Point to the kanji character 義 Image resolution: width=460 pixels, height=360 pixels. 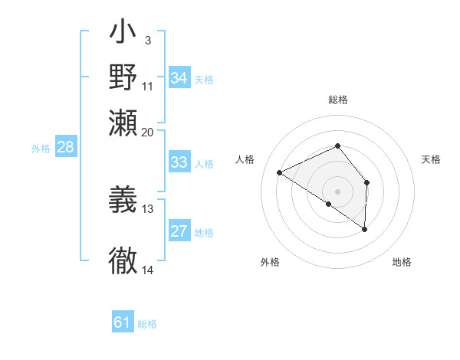(123, 198)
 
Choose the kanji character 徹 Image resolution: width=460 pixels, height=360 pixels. (123, 260)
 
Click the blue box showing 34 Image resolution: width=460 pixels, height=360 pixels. (179, 78)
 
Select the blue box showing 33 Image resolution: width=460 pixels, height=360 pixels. (179, 162)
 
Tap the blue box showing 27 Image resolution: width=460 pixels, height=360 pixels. (179, 232)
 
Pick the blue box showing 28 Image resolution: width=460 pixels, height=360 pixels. (65, 147)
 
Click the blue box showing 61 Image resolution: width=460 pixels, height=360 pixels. (123, 322)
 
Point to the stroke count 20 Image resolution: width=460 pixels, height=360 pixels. (148, 132)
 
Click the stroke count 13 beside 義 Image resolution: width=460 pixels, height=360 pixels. (148, 208)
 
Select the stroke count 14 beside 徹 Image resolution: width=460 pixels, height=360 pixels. (148, 270)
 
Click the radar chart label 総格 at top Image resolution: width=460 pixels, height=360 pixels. (337, 100)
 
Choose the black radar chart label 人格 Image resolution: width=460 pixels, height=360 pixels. (245, 159)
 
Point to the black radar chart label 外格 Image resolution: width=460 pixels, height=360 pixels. (270, 262)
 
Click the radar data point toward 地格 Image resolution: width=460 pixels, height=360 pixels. (365, 229)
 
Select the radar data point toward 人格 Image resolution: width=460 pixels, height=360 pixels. (280, 172)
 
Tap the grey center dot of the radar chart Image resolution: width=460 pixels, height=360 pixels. (337, 191)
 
